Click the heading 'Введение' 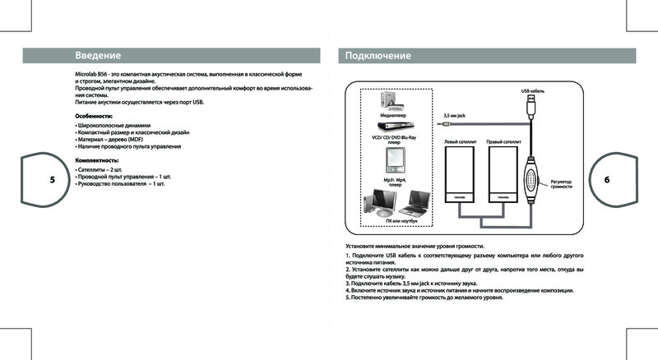coord(98,56)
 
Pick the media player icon coord(392,104)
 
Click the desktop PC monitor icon coord(382,201)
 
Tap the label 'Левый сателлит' coord(456,142)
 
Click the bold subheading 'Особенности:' coord(93,117)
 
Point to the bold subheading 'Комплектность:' coord(96,159)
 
